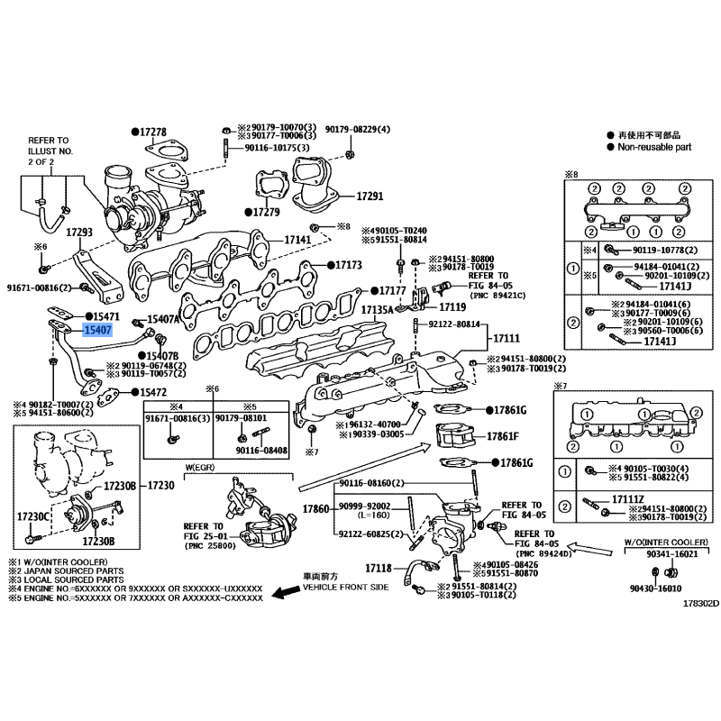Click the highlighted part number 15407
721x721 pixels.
pyautogui.click(x=97, y=331)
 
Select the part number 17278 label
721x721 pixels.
pyautogui.click(x=153, y=132)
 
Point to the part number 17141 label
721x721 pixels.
pyautogui.click(x=298, y=241)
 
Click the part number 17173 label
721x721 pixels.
pyautogui.click(x=348, y=266)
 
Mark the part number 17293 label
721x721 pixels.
pyautogui.click(x=80, y=233)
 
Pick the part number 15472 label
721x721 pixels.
pyautogui.click(x=152, y=392)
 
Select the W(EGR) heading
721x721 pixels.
pyautogui.click(x=205, y=467)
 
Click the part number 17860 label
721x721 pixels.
pyautogui.click(x=315, y=509)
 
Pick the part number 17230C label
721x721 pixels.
pyautogui.click(x=32, y=516)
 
